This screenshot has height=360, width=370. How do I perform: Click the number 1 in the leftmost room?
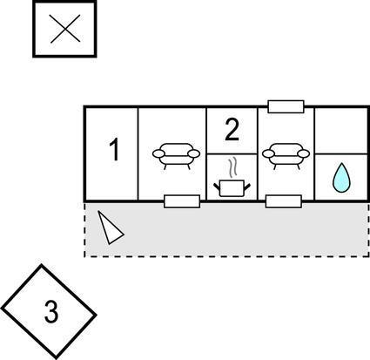coord(115,150)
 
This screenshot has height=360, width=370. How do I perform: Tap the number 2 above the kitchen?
coord(232,130)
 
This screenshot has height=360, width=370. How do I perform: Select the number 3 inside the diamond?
coord(51,312)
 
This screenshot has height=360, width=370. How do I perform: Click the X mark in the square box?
coord(65,29)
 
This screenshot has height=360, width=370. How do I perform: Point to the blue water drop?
coord(341,178)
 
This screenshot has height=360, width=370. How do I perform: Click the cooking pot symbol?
coord(232,187)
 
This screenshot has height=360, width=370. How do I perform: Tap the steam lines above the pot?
coord(232,168)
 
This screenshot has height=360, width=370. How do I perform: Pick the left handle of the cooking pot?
coord(217,187)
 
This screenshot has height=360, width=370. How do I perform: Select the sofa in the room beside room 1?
coord(176,156)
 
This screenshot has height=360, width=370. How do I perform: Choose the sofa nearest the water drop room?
coord(286,156)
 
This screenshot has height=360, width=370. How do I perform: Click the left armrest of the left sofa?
coord(158,153)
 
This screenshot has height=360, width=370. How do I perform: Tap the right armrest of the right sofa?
coord(304,153)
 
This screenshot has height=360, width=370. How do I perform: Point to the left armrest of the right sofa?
coord(268,153)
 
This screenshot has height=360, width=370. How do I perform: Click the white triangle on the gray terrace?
coord(111,228)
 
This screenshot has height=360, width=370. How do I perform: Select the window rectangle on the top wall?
coord(286,106)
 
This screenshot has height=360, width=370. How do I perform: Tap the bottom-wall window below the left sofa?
coord(182,201)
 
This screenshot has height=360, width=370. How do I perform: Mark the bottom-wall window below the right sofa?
coord(284,201)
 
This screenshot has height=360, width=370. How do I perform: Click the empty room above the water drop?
coord(341,131)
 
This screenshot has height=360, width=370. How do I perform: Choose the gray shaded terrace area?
coord(226,230)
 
